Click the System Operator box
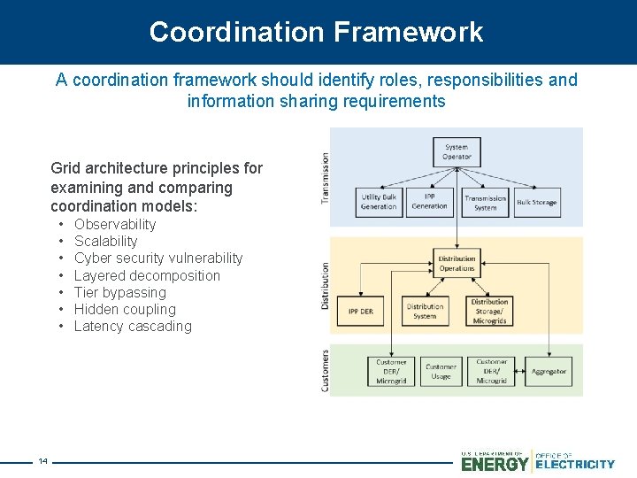click(457, 152)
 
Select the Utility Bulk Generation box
click(379, 202)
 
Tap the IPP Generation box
click(430, 202)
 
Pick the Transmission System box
click(486, 202)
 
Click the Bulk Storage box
click(537, 202)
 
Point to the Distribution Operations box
click(457, 263)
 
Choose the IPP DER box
click(361, 311)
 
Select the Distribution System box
click(425, 311)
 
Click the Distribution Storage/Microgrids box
click(489, 311)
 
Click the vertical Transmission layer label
click(325, 178)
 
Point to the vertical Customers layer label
click(325, 369)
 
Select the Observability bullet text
click(115, 225)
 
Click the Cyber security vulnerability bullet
click(158, 258)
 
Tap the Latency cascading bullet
click(133, 327)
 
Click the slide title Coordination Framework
click(317, 32)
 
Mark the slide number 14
click(42, 461)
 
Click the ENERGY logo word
click(495, 463)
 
